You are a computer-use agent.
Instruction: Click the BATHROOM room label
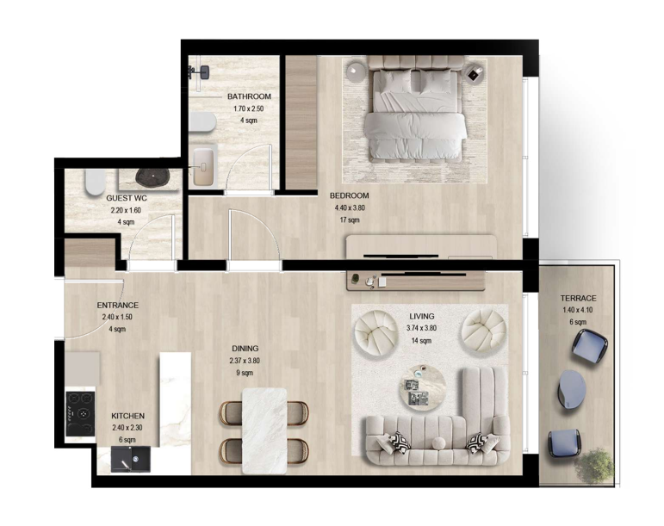(x=249, y=96)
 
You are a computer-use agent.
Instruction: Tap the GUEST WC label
(x=127, y=198)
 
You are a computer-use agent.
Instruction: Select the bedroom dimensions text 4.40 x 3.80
(x=350, y=207)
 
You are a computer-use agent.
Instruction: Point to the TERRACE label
(x=578, y=299)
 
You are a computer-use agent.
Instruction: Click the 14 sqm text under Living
(x=421, y=341)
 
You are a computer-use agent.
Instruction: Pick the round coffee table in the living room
(x=423, y=387)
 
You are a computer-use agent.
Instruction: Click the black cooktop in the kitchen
(x=80, y=414)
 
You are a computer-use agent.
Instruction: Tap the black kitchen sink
(x=130, y=459)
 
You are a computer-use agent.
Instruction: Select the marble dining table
(x=264, y=430)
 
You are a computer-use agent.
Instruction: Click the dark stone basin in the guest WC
(x=152, y=177)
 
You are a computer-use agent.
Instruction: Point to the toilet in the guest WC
(x=95, y=183)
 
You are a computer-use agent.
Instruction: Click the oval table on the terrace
(x=571, y=388)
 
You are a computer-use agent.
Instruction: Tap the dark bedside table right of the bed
(x=473, y=75)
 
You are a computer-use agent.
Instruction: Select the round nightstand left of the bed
(x=356, y=72)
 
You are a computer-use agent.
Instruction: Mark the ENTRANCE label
(x=117, y=305)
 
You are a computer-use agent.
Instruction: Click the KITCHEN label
(x=127, y=416)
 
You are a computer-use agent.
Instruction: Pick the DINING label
(x=245, y=349)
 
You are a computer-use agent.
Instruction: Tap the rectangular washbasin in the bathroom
(x=203, y=167)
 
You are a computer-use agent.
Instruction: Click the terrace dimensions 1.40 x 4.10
(x=578, y=310)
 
